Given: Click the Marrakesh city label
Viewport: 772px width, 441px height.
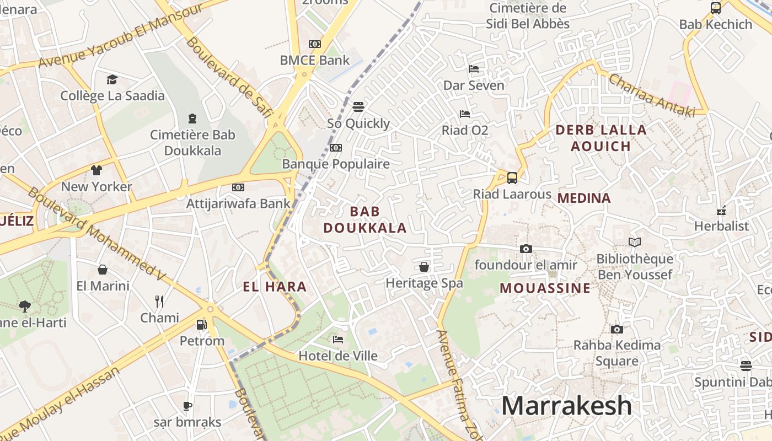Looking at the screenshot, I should (566, 406).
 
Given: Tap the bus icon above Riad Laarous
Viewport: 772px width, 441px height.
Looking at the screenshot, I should (512, 178).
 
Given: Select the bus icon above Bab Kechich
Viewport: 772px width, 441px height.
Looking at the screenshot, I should (716, 8).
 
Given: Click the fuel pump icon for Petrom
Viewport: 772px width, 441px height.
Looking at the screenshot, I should (202, 325).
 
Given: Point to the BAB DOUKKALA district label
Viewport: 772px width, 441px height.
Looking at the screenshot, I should (364, 219).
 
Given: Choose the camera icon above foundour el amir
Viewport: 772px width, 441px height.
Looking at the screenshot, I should (526, 249).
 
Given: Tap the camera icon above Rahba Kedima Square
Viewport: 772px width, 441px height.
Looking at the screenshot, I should (617, 330).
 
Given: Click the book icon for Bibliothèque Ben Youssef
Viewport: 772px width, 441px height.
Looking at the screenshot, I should (635, 243).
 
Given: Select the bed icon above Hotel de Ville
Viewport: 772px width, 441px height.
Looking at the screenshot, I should (338, 340).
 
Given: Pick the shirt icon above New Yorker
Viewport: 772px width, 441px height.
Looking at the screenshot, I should (96, 170).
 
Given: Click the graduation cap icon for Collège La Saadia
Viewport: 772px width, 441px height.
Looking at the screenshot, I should (112, 80).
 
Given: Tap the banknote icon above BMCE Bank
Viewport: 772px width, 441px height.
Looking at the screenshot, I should (315, 44).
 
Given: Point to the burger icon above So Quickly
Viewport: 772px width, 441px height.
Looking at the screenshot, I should (358, 107).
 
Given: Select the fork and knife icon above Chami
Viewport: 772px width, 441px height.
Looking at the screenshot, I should (159, 301).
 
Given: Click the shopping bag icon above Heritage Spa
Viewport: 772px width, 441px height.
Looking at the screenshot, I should (424, 267).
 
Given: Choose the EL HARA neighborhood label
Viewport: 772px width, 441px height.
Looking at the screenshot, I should (275, 287).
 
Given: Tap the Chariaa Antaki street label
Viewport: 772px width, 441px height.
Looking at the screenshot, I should (651, 95).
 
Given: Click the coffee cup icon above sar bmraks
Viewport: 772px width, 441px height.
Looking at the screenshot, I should (187, 406).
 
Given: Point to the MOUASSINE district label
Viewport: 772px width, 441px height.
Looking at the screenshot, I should (545, 288).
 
